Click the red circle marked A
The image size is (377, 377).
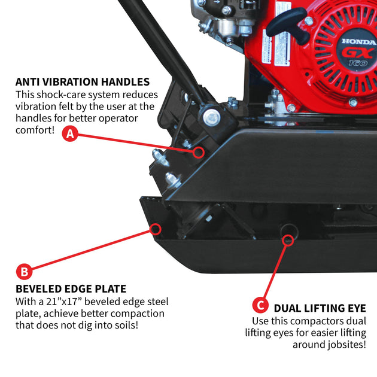70,133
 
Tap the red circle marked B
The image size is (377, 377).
24,272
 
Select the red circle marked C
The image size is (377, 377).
260,305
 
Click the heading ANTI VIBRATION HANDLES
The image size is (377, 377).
83,82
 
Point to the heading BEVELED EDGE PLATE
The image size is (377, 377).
71,289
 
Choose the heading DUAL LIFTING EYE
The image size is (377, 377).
320,308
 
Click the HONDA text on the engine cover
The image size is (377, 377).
359,42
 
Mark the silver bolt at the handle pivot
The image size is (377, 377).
212,117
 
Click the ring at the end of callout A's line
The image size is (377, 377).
199,152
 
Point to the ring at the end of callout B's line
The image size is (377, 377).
156,229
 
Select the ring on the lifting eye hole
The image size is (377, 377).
288,240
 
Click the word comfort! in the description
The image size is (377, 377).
35,130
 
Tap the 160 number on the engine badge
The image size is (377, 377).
358,63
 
